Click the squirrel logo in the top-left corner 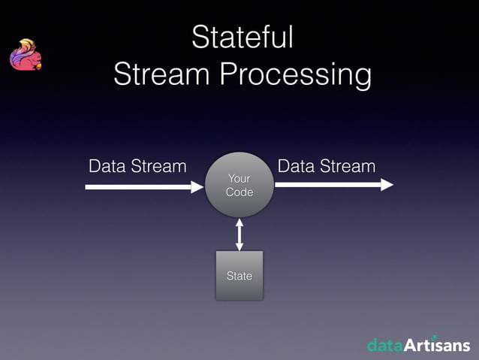point(25,56)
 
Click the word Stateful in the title point(242,38)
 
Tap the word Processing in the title point(295,76)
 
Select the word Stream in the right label point(348,166)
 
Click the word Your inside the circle point(239,178)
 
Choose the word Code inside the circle point(239,192)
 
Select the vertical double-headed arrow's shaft point(239,234)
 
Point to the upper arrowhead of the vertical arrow point(239,222)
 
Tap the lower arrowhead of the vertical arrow point(239,247)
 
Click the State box point(239,276)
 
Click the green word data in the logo point(385,345)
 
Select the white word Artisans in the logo point(437,345)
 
